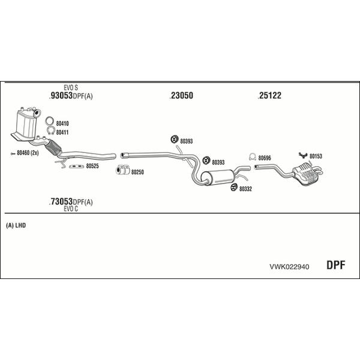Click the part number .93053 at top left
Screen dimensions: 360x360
point(61,95)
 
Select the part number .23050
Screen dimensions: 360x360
point(181,95)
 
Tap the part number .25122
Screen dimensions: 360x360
point(269,95)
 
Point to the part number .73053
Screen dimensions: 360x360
point(61,202)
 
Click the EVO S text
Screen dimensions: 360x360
point(71,88)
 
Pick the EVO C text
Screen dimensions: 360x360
point(71,209)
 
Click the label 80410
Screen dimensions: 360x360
point(62,124)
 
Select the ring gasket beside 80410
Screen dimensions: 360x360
point(50,121)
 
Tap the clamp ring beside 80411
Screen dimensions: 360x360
point(50,130)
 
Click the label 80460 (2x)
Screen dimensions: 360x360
point(28,152)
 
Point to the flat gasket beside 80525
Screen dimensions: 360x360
point(76,166)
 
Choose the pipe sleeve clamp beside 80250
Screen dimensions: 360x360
point(122,170)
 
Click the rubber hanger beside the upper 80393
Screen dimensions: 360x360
point(175,139)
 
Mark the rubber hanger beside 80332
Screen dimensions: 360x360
point(234,187)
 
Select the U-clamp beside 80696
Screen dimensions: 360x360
point(253,157)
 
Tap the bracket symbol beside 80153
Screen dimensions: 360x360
point(303,155)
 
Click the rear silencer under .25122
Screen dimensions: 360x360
point(308,173)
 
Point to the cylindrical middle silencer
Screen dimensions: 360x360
point(217,177)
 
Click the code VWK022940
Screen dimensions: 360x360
point(289,267)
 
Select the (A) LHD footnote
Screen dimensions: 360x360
point(16,226)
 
